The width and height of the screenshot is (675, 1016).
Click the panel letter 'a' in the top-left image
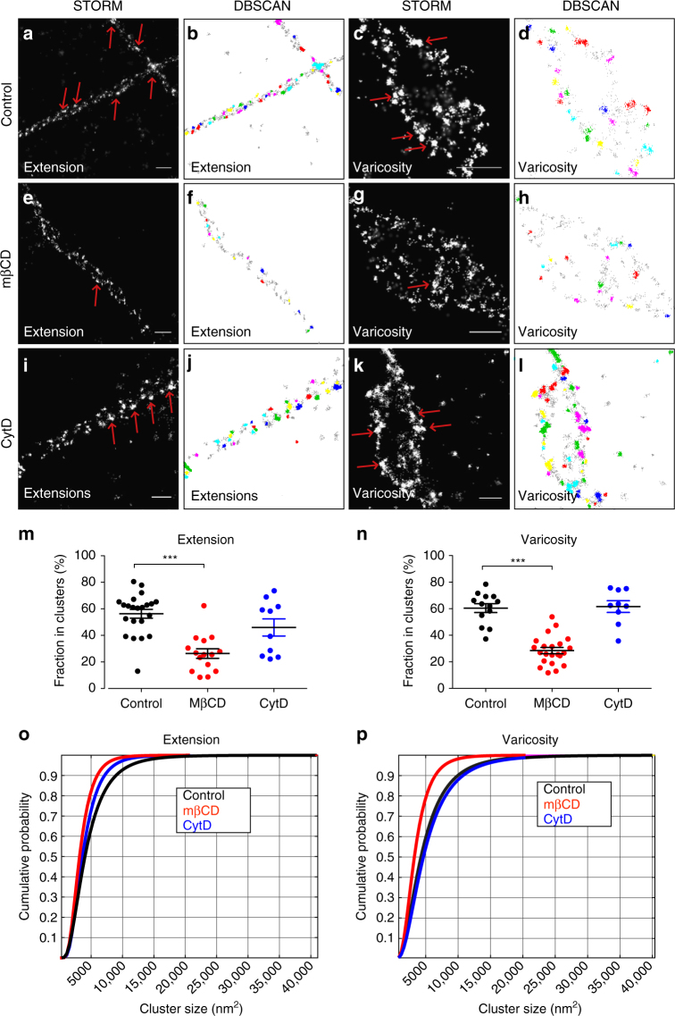[28, 33]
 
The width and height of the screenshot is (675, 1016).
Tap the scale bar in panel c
[479, 168]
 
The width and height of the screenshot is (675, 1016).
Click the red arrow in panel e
[96, 294]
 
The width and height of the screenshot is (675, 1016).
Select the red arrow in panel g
[420, 284]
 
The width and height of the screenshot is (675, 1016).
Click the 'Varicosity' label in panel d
[547, 167]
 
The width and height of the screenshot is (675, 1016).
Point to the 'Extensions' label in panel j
[224, 496]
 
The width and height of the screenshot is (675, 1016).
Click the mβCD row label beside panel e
[7, 264]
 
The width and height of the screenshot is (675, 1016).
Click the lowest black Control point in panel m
[137, 671]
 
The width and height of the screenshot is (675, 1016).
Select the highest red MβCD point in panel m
[204, 605]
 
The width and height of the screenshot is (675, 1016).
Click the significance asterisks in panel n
[518, 560]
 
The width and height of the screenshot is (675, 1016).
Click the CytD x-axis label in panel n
[617, 703]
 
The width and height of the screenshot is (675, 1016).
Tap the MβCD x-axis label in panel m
[207, 703]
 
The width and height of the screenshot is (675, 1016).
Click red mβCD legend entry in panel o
[201, 810]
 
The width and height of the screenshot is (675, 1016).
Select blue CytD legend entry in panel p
[558, 819]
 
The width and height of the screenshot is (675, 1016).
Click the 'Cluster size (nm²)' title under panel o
[191, 1008]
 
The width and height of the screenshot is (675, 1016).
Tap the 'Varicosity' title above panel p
[530, 739]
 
